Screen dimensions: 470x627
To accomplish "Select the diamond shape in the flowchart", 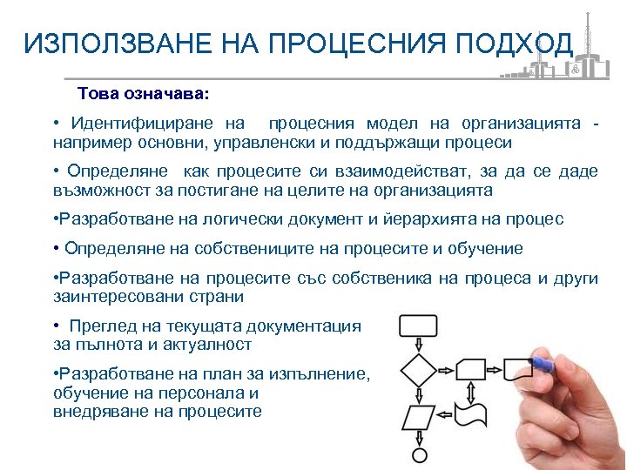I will click(x=418, y=369).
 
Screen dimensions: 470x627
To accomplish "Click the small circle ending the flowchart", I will click(x=419, y=455).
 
